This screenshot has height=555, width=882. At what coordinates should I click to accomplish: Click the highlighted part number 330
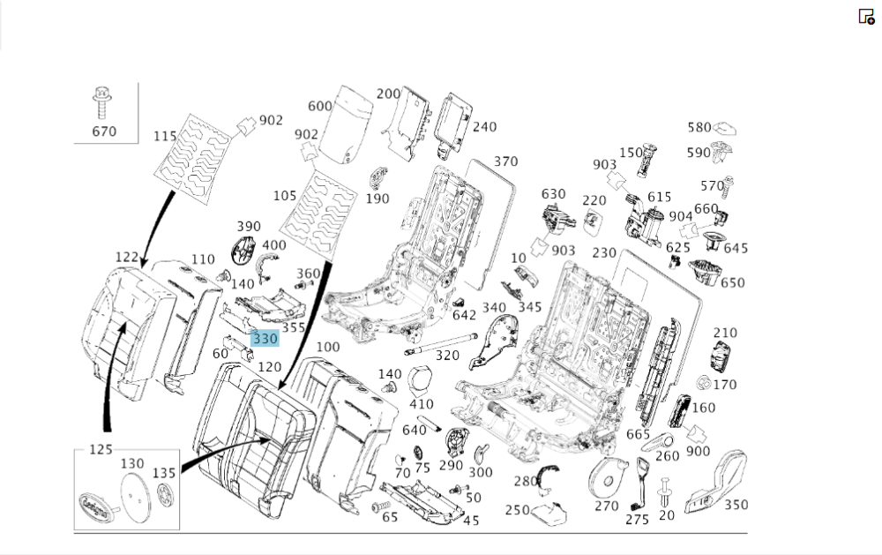click(x=265, y=338)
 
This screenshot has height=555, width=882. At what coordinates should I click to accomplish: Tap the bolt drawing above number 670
click(x=101, y=103)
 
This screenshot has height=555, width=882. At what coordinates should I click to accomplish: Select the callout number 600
click(x=320, y=106)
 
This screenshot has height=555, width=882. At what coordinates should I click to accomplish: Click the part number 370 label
click(x=505, y=161)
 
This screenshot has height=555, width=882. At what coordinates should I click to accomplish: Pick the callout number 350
click(x=736, y=505)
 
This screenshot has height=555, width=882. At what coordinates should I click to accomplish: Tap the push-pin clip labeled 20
click(x=665, y=491)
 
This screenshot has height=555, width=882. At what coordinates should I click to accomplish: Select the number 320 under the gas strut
click(x=447, y=356)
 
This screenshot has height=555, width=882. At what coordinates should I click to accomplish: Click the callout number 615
click(x=659, y=197)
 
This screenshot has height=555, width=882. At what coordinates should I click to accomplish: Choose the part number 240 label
click(x=484, y=127)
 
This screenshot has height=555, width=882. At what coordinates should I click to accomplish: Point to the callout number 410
click(x=422, y=403)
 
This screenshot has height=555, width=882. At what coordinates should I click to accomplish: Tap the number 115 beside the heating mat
click(x=166, y=136)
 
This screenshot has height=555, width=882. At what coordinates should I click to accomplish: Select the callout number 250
click(x=518, y=510)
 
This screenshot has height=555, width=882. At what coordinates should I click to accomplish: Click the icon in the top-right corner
click(x=866, y=16)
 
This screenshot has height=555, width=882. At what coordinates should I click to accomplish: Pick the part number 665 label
click(x=638, y=434)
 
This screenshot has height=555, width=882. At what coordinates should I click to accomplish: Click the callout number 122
click(x=126, y=258)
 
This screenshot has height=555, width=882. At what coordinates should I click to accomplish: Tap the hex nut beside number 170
click(x=703, y=383)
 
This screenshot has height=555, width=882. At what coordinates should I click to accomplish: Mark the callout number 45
click(x=471, y=521)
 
